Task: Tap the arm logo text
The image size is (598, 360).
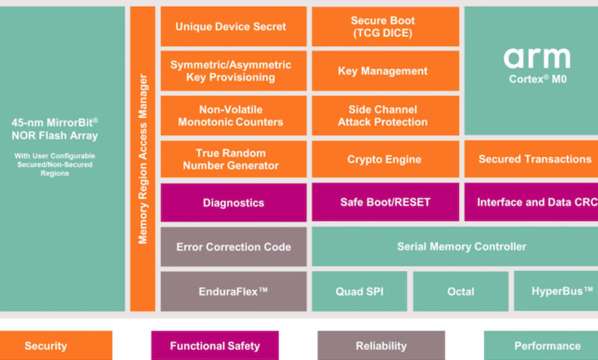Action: [537, 58]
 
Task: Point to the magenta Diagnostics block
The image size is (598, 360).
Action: [233, 203]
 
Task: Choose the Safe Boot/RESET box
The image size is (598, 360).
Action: [385, 202]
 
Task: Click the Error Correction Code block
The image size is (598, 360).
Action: [233, 247]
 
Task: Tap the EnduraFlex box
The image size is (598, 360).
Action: [233, 291]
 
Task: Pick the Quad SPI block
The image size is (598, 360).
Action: [359, 291]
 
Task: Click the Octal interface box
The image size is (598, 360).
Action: [460, 291]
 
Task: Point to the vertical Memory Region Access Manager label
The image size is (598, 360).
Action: [143, 159]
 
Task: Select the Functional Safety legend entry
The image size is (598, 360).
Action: [215, 346]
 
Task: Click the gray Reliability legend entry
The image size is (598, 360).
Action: [381, 346]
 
